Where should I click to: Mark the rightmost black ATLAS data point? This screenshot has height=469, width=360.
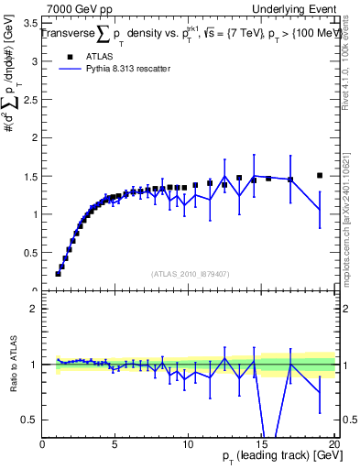click(x=320, y=176)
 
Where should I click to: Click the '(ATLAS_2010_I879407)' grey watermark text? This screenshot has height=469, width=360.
click(x=190, y=272)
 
